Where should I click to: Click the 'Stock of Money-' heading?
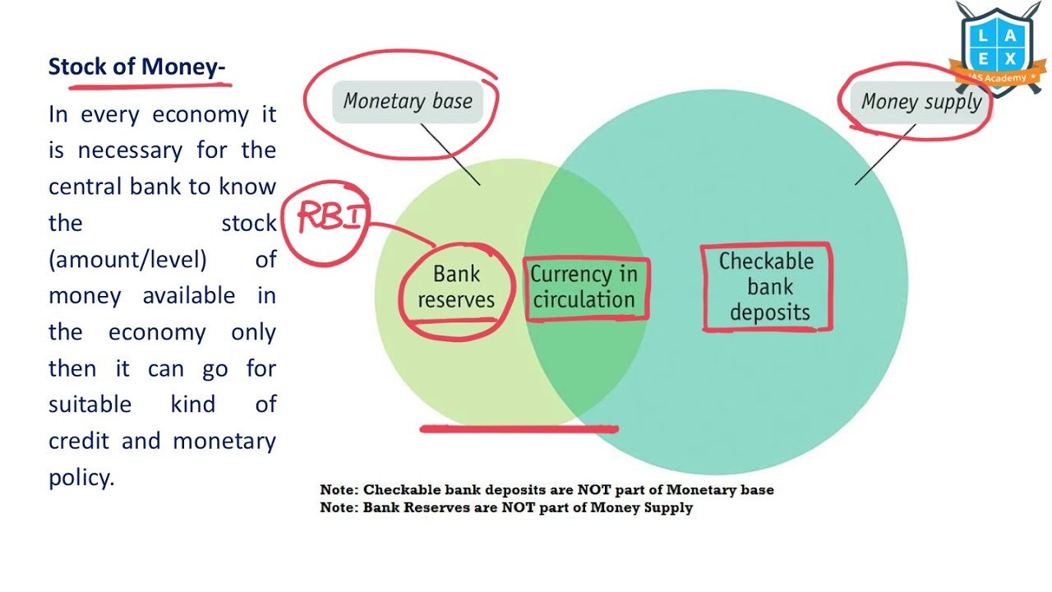136,67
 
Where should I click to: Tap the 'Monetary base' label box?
408,101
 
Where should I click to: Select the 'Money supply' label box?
921,102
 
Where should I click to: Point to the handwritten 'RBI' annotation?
331,215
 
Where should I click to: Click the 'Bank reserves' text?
456,287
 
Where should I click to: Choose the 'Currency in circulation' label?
584,287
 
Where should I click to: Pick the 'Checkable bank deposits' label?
768,287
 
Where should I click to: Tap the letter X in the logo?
1010,59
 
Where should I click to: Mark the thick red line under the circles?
519,428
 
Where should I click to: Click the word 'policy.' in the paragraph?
81,479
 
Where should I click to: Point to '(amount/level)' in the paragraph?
127,259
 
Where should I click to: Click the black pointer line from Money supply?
885,155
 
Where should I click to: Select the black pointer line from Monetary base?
450,155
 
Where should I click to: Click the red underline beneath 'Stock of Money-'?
150,86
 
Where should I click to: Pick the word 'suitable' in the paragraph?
90,405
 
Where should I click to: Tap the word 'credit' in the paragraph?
79,442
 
